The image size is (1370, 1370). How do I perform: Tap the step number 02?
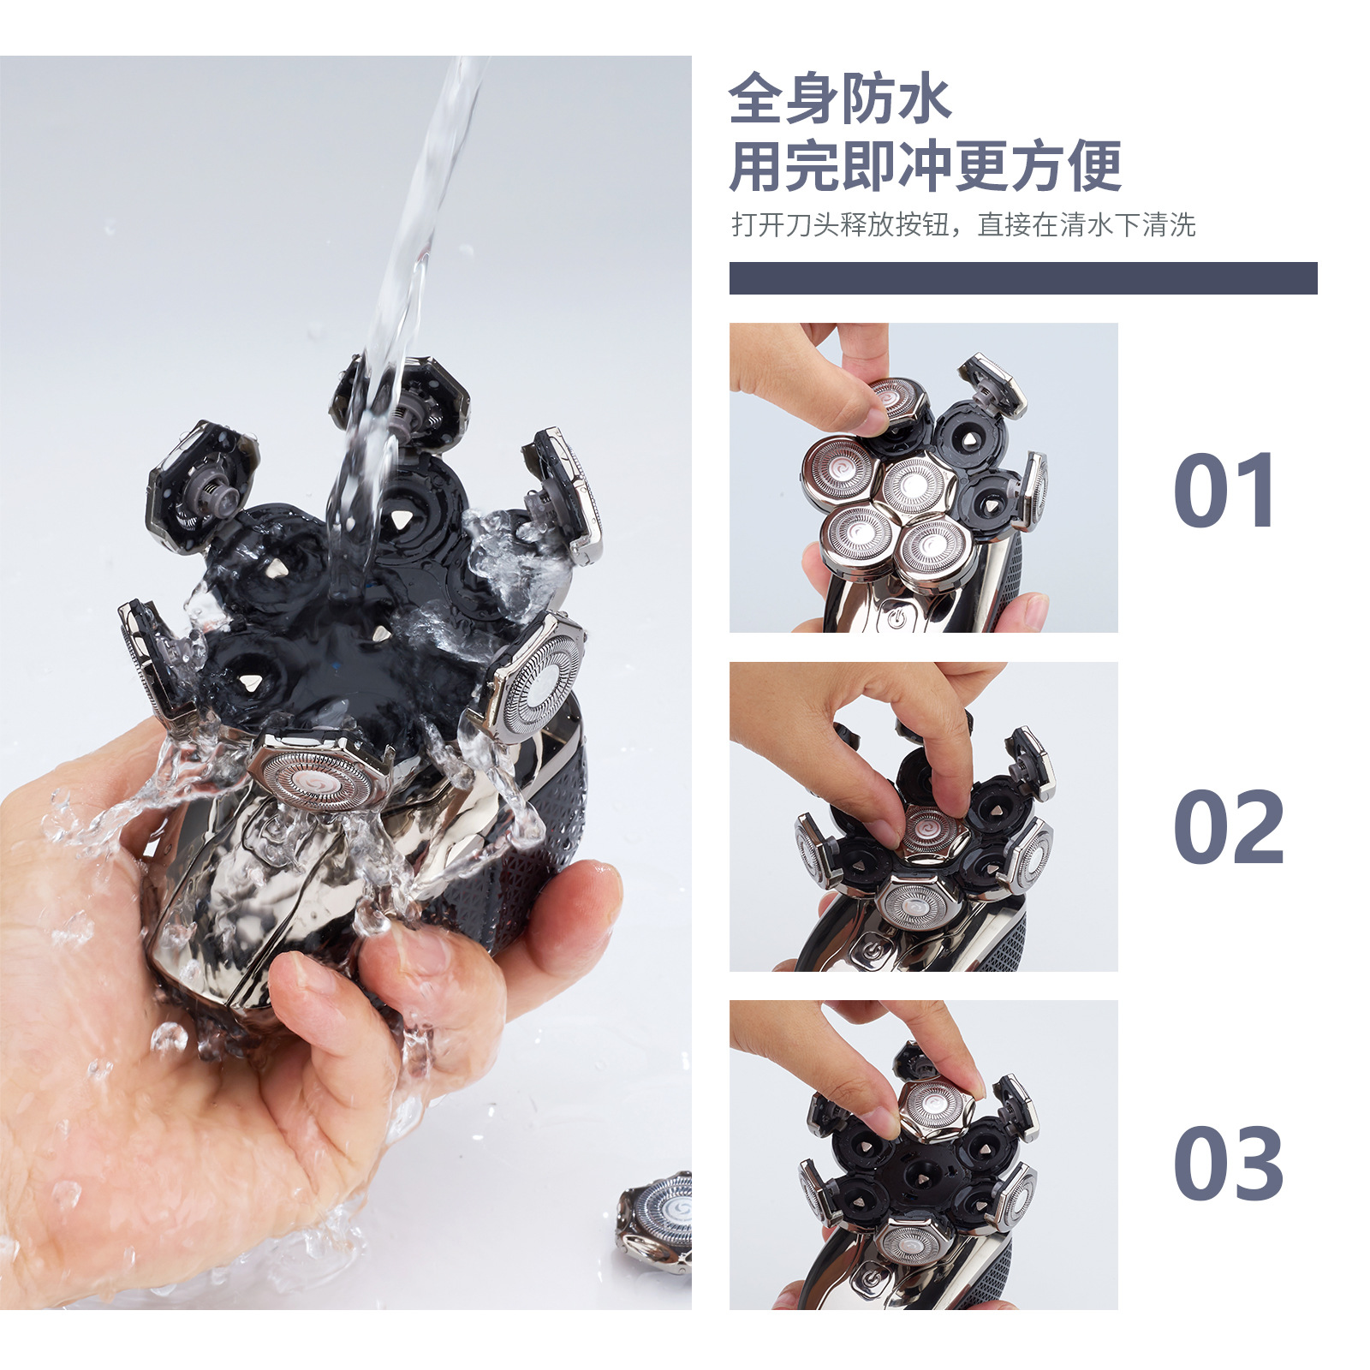click(x=1229, y=827)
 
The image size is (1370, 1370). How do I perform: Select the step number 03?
click(x=1229, y=1164)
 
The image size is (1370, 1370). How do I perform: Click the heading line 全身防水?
click(x=839, y=100)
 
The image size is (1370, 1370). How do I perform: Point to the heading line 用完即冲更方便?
click(x=925, y=166)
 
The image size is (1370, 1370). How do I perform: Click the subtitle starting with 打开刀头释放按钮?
click(x=963, y=225)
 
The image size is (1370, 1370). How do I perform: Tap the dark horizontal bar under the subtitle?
click(x=1023, y=278)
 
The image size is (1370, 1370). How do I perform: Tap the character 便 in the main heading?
click(x=1094, y=166)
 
